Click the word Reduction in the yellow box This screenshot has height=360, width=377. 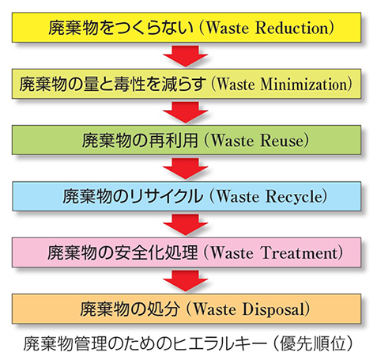292,28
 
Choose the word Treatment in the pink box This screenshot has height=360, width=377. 300,252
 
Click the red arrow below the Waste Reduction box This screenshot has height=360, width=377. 186,56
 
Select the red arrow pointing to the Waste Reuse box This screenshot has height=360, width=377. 186,112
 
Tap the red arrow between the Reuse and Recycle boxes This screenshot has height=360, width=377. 186,169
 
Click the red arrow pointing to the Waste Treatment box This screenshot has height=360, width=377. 186,225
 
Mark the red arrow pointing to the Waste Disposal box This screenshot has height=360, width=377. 186,281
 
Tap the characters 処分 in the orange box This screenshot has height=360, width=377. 163,309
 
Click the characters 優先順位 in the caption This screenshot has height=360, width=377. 312,344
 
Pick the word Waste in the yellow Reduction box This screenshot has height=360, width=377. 227,28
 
